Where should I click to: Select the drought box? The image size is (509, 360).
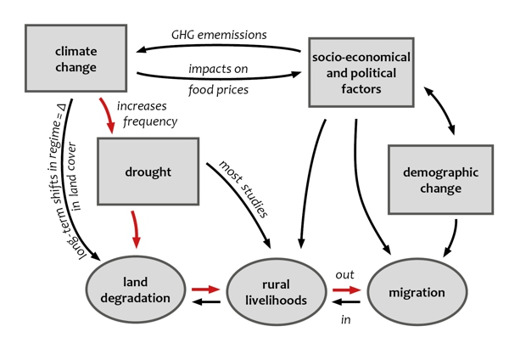pyautogui.click(x=148, y=172)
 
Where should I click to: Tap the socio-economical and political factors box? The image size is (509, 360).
pyautogui.click(x=360, y=71)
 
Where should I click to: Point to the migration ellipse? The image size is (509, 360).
pyautogui.click(x=417, y=292)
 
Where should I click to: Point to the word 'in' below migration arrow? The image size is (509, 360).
pyautogui.click(x=346, y=319)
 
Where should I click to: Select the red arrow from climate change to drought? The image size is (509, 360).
pyautogui.click(x=109, y=115)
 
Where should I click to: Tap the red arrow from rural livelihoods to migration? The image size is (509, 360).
pyautogui.click(x=346, y=290)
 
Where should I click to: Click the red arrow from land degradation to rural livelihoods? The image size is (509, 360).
pyautogui.click(x=206, y=290)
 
